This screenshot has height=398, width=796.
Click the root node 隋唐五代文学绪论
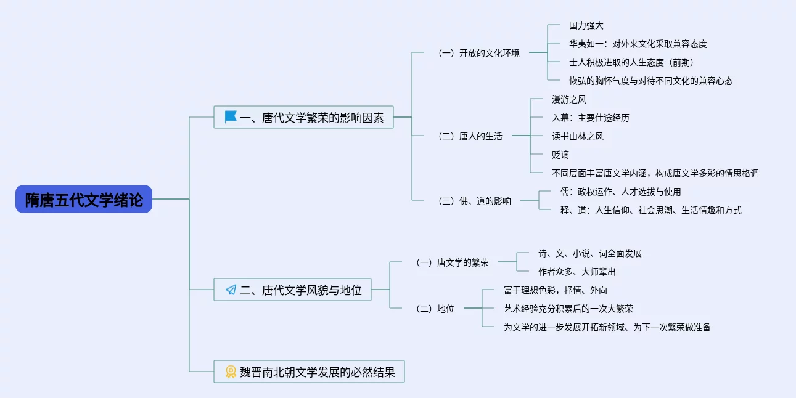(x=84, y=200)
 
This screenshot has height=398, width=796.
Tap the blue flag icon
(x=231, y=116)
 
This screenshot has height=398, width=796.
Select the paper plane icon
(x=231, y=290)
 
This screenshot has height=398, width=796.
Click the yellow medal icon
(x=231, y=372)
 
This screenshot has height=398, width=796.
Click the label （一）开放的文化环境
(x=478, y=53)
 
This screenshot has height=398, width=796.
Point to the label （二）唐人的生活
(x=469, y=136)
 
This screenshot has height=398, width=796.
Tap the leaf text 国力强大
(x=586, y=26)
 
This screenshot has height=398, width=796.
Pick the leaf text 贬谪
(x=560, y=155)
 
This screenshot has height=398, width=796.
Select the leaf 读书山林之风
(x=577, y=136)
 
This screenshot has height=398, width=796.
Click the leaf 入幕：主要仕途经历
(x=590, y=118)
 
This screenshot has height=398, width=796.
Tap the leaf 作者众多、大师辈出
(x=576, y=272)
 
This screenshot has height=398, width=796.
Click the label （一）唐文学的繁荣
(x=453, y=262)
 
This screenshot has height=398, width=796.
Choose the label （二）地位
(x=435, y=309)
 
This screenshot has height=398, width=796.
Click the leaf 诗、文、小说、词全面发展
(x=589, y=253)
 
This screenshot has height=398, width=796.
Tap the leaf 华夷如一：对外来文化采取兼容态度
(x=638, y=44)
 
